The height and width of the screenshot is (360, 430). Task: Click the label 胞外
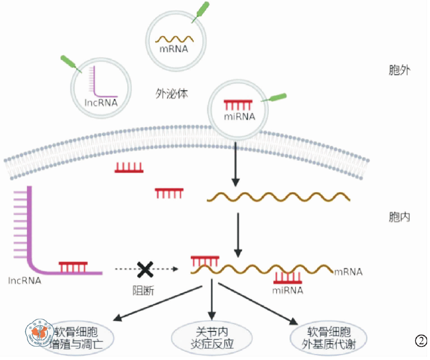coord(399,70)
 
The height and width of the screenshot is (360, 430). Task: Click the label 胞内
coord(399,217)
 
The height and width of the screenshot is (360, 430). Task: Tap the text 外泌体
coord(171,94)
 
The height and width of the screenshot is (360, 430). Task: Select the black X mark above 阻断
coord(145,269)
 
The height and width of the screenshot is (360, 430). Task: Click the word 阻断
coord(143,290)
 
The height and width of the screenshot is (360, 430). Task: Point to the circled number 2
coord(421,341)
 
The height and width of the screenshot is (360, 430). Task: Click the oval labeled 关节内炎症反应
coord(212,338)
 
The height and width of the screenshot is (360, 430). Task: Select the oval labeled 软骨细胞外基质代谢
coord(328,338)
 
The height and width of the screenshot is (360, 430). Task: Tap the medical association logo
coord(39,333)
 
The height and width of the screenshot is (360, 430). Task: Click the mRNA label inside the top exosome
coord(174,49)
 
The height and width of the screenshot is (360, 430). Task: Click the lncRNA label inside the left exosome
coord(101,103)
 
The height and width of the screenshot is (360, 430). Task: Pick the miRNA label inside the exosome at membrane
coord(239,117)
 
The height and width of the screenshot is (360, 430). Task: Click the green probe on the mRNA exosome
coord(201,11)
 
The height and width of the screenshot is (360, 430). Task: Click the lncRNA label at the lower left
coord(24,281)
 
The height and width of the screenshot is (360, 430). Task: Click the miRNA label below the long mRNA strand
coord(288,290)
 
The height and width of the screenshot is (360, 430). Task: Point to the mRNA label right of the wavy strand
coord(348,272)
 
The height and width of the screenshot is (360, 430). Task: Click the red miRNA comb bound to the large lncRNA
coord(73,267)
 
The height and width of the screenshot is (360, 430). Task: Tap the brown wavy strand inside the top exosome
coord(174,39)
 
